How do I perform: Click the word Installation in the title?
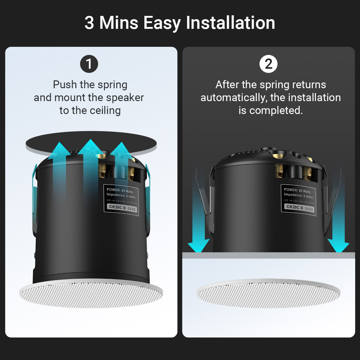coord(230,23)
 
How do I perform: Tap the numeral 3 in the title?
coord(89,23)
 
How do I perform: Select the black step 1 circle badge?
coord(89,64)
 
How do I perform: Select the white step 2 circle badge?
coord(268,64)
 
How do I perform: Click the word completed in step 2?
coord(276,110)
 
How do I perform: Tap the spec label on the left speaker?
coord(121,200)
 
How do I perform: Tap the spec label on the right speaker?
coord(299,199)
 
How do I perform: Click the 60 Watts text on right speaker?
coord(304,191)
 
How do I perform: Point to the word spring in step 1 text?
coord(112,85)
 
